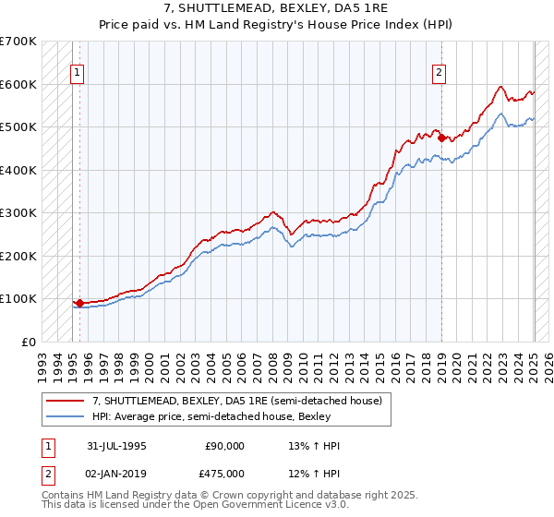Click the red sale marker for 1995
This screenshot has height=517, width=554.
click(x=79, y=302)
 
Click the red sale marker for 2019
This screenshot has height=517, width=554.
click(x=441, y=138)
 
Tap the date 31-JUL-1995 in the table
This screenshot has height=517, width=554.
click(x=116, y=446)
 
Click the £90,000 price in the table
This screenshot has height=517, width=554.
click(x=224, y=446)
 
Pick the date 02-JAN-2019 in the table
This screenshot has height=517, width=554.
click(x=116, y=473)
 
